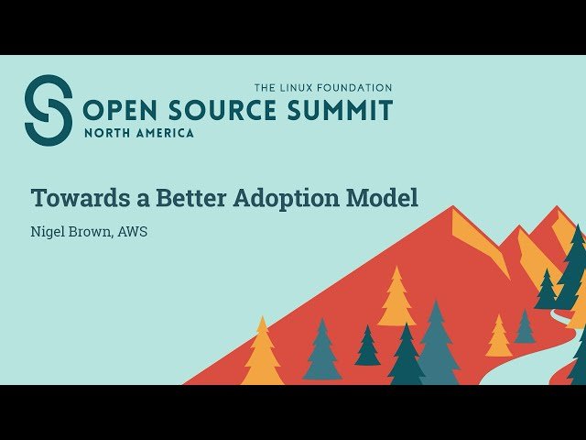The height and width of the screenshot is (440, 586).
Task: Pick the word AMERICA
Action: (x=164, y=133)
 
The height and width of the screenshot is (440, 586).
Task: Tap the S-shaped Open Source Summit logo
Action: (x=49, y=110)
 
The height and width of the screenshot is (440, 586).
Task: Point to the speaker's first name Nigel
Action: (x=49, y=232)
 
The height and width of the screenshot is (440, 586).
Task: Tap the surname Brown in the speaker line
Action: (x=91, y=232)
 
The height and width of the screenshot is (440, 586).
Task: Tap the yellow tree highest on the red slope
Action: (x=396, y=298)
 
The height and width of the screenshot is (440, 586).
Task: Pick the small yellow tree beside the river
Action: (x=499, y=337)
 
